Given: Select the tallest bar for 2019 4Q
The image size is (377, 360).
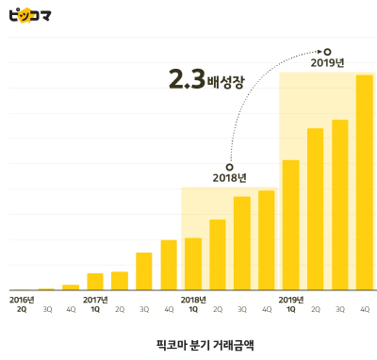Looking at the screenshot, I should point(364,182).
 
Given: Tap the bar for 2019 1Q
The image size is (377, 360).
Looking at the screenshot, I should point(290,224).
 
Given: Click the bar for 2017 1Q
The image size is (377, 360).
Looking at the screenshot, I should point(95,281).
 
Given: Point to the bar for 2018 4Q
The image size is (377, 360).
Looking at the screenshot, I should point(266,239).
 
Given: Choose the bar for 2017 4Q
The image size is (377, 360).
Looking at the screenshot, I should point(169,265).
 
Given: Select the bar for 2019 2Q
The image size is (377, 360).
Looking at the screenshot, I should point(315,208).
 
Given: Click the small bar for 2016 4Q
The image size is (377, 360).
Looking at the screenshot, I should point(71,286).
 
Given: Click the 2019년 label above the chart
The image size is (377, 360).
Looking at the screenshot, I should point(327,63).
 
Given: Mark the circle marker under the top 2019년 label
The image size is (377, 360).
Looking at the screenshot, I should point(327,51).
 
